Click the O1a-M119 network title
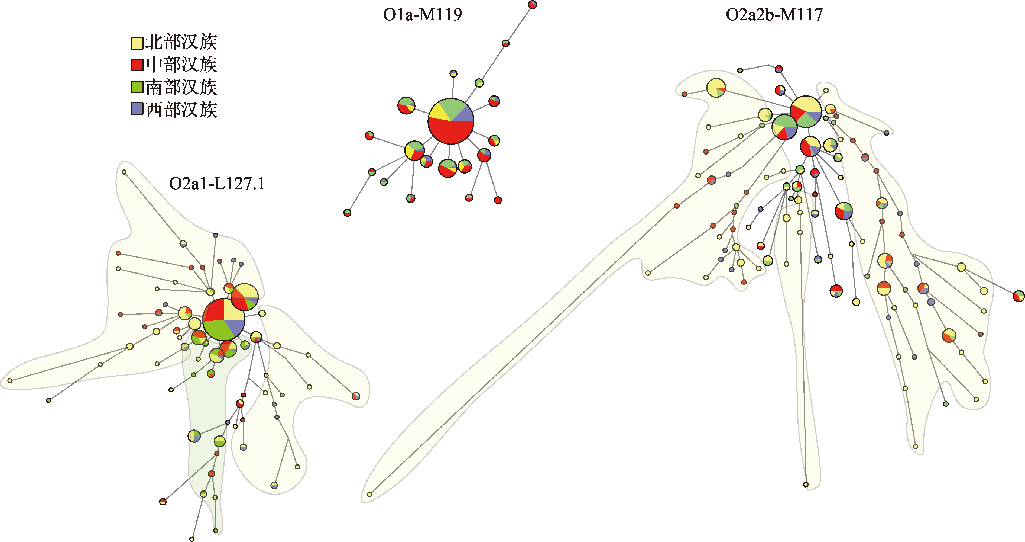pos(422,15)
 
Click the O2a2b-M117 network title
pos(774,15)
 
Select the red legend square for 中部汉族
pos(137,65)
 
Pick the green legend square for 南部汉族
pos(137,87)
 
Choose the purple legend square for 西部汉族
pos(137,109)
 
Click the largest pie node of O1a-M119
pos(451,121)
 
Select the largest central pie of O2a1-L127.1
pos(224,319)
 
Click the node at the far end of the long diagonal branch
pos(370,494)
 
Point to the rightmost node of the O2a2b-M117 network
pos(1018,296)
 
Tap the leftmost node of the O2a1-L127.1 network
pos(10,381)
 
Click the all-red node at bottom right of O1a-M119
pos(498,200)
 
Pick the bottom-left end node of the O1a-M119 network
pos(347,213)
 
